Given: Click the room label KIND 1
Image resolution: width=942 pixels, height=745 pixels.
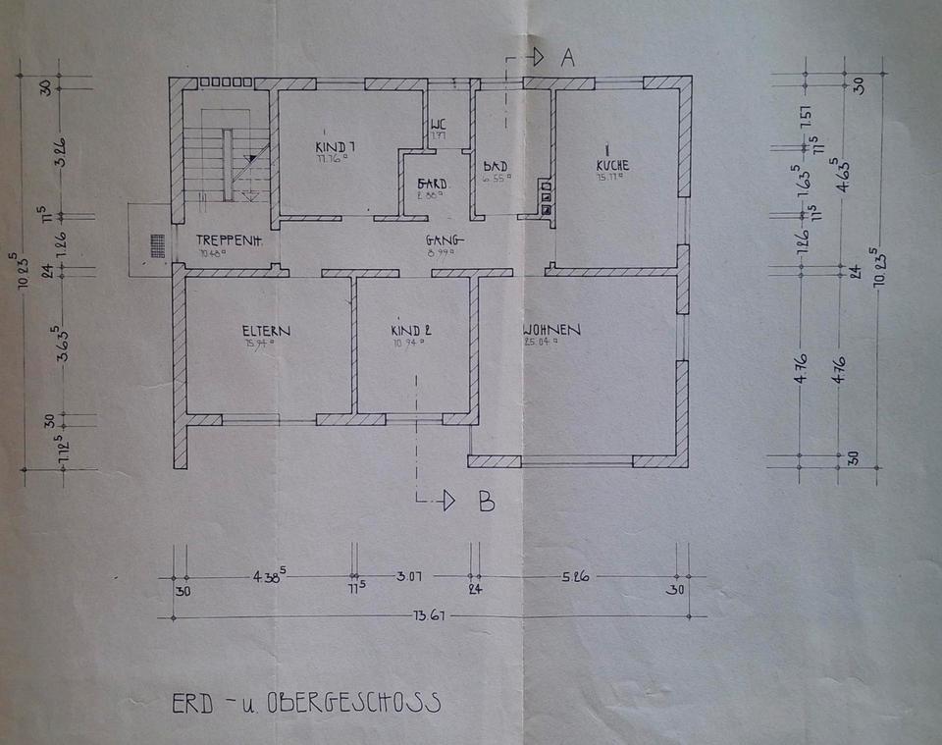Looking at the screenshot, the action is (x=335, y=146).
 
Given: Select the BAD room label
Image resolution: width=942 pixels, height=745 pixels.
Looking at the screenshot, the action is (x=496, y=166).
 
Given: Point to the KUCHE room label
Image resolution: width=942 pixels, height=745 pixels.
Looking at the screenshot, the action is (x=612, y=165).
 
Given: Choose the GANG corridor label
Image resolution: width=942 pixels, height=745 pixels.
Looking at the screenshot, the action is (x=445, y=240).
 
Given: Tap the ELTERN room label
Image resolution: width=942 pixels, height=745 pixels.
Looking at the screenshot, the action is (x=267, y=331).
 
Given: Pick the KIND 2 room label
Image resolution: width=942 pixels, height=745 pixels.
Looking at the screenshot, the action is (x=411, y=331).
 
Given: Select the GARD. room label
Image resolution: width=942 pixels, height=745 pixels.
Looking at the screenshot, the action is (x=432, y=184).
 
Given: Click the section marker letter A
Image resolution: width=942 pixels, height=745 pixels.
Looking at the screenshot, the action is (x=566, y=59).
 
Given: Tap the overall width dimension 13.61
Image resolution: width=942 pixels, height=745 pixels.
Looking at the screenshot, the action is (x=430, y=616).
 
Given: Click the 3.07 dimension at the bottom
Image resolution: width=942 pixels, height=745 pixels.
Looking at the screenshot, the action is (x=408, y=576).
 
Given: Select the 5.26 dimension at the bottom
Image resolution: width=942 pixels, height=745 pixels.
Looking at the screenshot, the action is (x=575, y=576).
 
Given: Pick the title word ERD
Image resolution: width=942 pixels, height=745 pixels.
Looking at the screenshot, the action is (x=187, y=703).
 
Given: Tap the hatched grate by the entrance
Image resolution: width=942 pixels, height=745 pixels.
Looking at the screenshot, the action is (x=157, y=244).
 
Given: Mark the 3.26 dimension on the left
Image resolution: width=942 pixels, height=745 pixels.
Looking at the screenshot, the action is (x=60, y=153).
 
